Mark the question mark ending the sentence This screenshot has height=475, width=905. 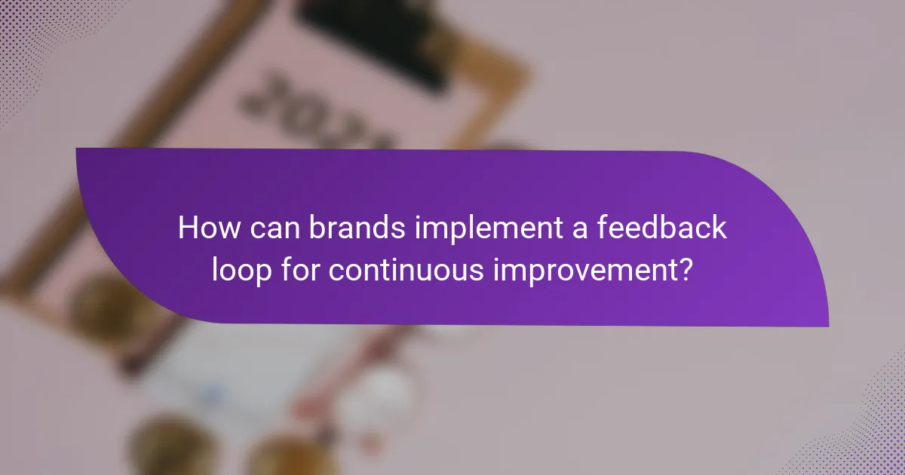(x=683, y=268)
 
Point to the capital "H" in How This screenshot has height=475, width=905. (x=187, y=228)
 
